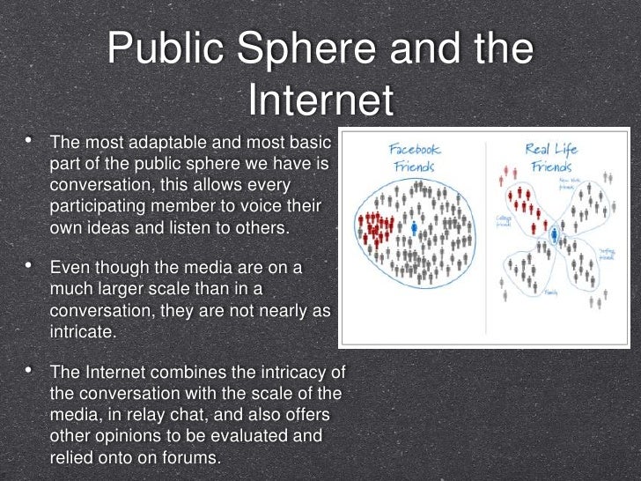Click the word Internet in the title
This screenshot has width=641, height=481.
320,100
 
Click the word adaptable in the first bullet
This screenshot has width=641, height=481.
169,143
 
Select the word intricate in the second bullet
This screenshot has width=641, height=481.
83,332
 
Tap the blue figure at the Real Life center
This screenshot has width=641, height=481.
555,235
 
